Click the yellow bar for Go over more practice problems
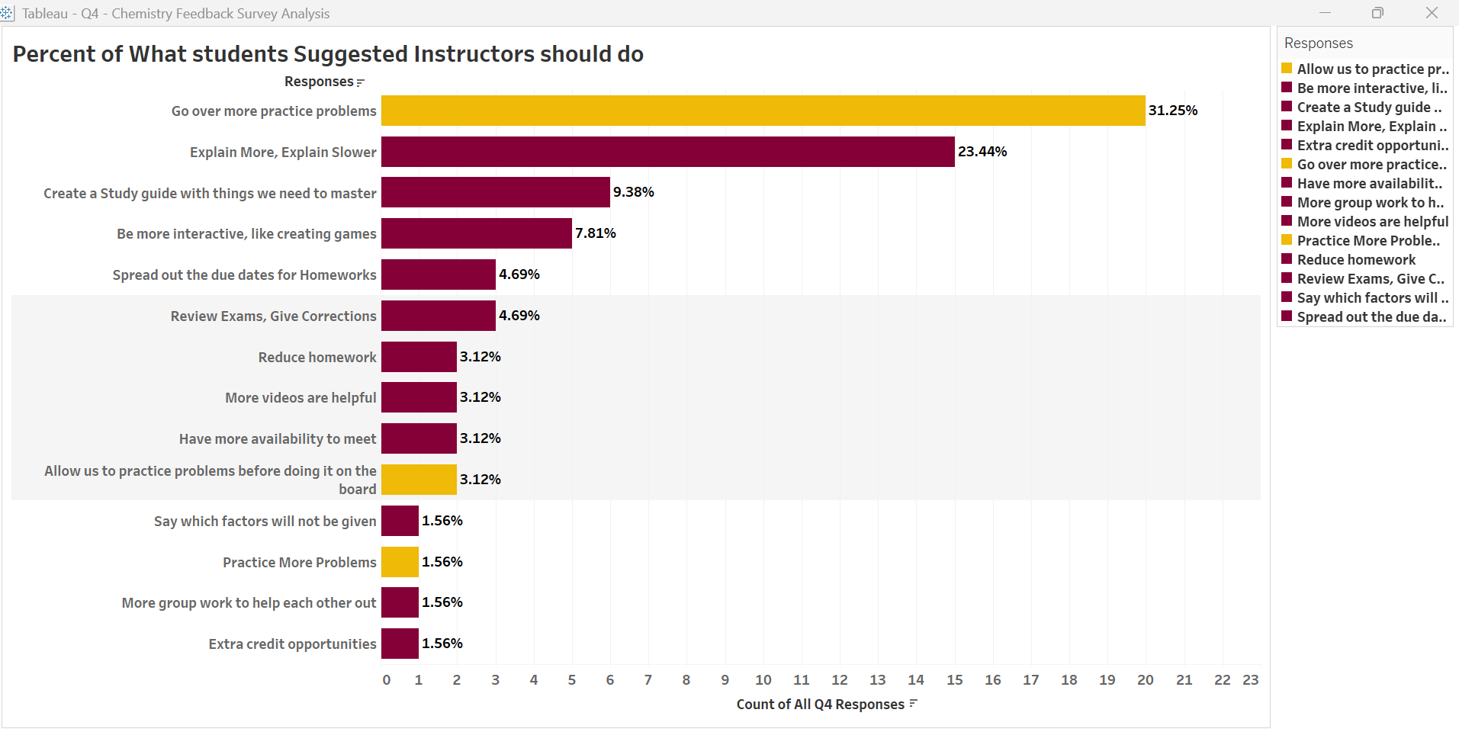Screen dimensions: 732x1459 point(763,111)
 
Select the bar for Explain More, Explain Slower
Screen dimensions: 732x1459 point(667,152)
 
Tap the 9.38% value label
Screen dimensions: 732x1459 point(634,192)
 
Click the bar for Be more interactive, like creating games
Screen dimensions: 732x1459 point(476,233)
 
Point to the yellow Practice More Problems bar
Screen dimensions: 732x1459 point(400,562)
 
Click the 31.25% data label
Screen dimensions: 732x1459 point(1173,111)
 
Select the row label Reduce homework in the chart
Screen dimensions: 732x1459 point(317,357)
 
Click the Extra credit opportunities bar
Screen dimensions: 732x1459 point(400,644)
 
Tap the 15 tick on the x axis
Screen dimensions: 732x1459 point(955,679)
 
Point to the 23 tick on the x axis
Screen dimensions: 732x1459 point(1251,679)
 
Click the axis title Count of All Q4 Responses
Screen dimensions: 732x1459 point(820,705)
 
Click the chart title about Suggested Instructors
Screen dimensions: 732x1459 point(328,54)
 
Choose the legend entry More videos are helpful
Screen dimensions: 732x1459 point(1372,222)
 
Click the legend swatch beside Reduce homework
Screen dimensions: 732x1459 point(1287,259)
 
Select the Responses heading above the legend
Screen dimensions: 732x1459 point(1318,43)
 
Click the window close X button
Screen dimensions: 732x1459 point(1432,13)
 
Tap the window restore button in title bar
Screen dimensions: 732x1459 point(1377,13)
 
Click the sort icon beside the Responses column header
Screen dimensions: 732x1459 point(361,82)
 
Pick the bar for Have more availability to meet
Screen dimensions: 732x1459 point(419,438)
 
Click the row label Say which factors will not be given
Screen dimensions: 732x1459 point(265,522)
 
